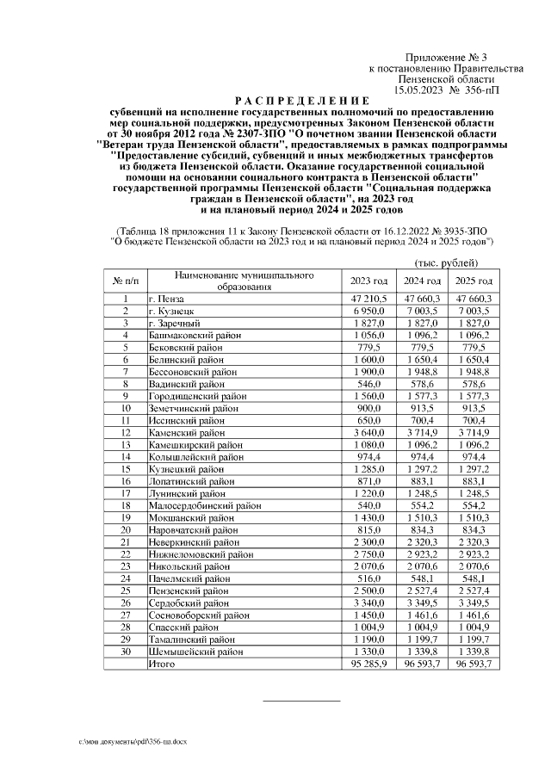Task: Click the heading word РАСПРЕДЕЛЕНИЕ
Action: click(x=301, y=101)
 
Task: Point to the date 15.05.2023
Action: click(x=423, y=90)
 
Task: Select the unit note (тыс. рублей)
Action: click(x=446, y=262)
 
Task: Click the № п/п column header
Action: click(x=125, y=281)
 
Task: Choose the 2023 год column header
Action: click(x=369, y=281)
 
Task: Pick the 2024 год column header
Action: click(x=422, y=281)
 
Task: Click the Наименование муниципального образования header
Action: click(x=245, y=281)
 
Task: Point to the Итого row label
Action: click(x=163, y=665)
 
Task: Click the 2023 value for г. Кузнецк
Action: click(x=370, y=311)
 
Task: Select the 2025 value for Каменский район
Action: click(x=474, y=432)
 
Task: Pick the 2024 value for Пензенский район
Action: click(x=422, y=591)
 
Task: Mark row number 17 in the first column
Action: click(x=125, y=493)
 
